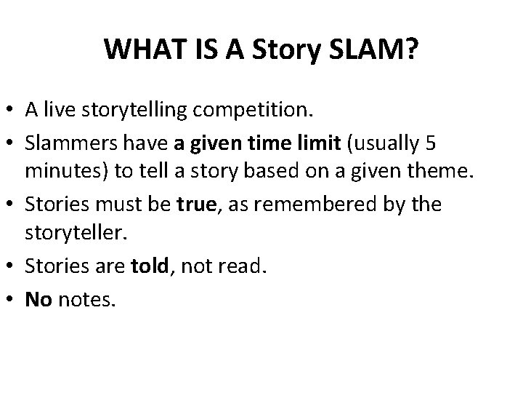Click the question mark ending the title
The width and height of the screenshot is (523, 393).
410,49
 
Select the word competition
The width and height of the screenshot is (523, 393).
253,111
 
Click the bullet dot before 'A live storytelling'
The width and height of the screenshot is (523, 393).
12,111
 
